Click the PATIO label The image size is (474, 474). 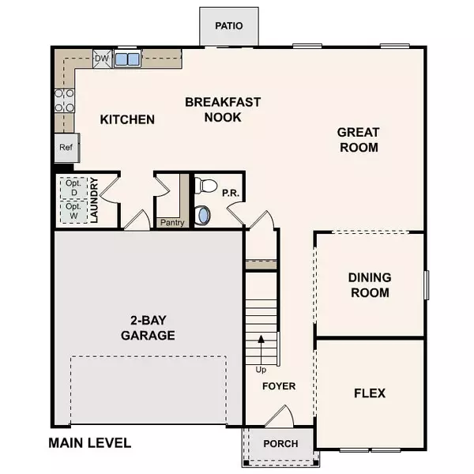click(x=228, y=26)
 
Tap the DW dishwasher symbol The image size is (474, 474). click(x=101, y=58)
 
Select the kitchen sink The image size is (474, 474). click(x=126, y=58)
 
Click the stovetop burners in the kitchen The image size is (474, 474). click(x=64, y=100)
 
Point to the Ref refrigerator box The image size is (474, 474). click(x=65, y=148)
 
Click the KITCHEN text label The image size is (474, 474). click(x=127, y=120)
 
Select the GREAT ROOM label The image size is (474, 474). click(x=358, y=140)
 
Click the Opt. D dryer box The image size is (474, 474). click(x=73, y=188)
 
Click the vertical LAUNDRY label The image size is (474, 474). click(x=92, y=201)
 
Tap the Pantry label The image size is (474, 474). click(x=171, y=222)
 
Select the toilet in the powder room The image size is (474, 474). click(x=206, y=186)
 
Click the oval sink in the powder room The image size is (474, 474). click(x=203, y=214)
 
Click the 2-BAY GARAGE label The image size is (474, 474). click(x=148, y=328)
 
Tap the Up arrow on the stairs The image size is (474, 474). click(x=261, y=348)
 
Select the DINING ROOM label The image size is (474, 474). click(x=369, y=285)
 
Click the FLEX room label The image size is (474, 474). click(x=369, y=393)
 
